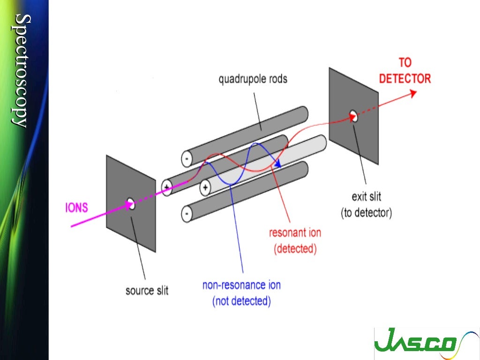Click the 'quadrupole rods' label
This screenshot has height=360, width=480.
click(x=253, y=79)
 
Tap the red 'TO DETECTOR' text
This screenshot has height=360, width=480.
click(x=405, y=71)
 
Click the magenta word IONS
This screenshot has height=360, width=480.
click(x=76, y=207)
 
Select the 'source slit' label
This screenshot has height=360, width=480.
click(x=147, y=291)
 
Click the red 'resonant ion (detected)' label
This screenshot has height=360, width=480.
click(x=295, y=240)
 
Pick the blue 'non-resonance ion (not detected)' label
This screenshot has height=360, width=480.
click(x=241, y=292)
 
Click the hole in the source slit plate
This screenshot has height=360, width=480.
click(x=131, y=204)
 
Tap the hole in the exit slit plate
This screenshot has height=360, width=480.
click(x=354, y=117)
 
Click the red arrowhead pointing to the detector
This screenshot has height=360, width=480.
click(x=413, y=93)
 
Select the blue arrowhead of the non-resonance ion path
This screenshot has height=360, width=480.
click(x=278, y=164)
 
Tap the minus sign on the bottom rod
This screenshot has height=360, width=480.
click(x=187, y=215)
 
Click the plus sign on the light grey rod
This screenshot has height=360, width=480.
click(x=205, y=188)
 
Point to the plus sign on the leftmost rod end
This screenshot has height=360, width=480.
click(x=166, y=187)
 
